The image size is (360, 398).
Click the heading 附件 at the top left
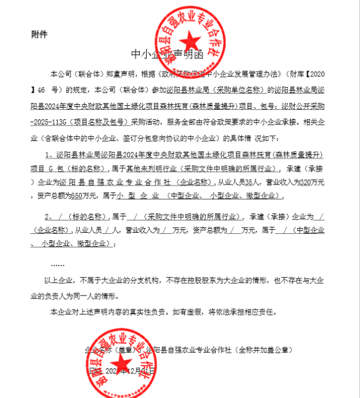39,34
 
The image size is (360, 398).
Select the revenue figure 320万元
309,182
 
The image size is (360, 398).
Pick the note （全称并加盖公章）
264,351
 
